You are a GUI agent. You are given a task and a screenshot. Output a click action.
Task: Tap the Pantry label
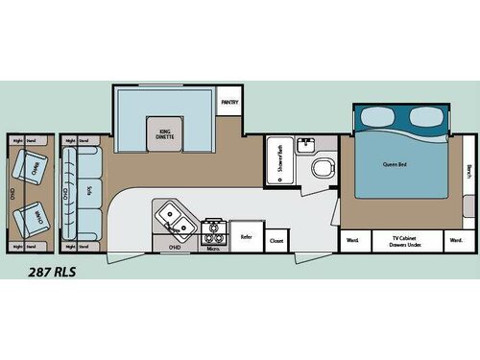pos(229,101)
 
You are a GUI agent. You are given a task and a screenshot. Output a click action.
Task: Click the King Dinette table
pos(160,134)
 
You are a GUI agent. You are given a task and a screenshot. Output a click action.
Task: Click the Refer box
pos(246,235)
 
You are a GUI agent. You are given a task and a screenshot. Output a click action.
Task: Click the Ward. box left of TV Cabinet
pos(352,239)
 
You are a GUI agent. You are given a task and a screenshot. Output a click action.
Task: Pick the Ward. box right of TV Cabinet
pos(456,239)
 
